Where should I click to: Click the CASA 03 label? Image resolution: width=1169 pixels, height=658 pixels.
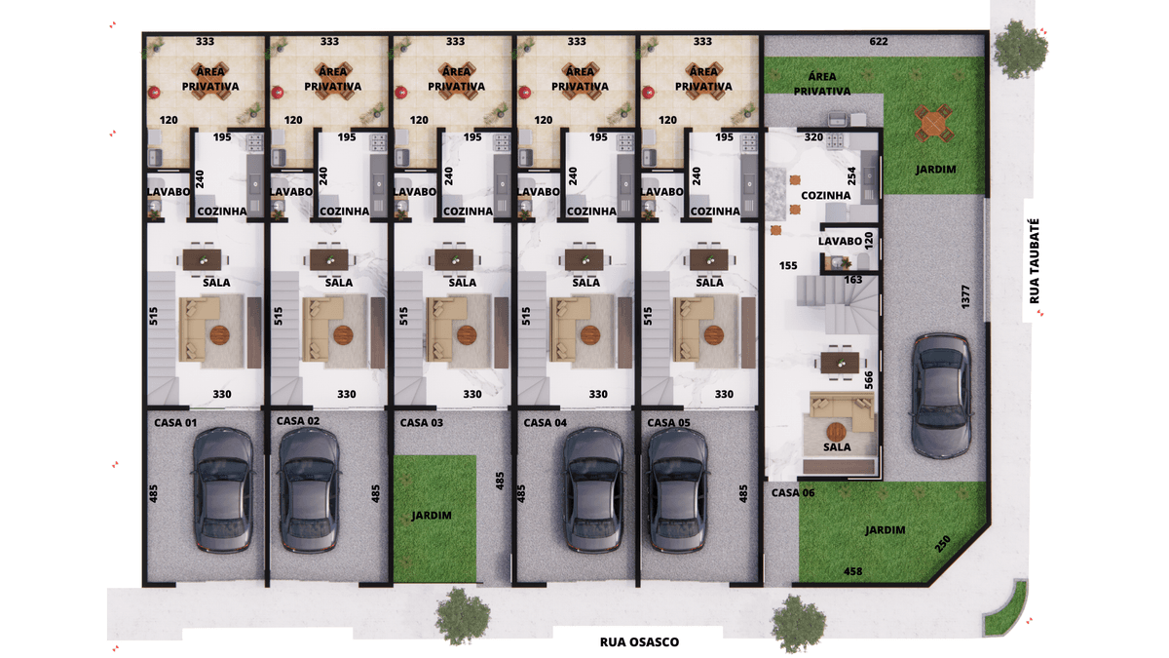click(x=421, y=423)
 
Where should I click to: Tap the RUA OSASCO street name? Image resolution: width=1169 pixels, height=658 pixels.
click(x=639, y=642)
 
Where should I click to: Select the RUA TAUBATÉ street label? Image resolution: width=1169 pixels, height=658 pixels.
click(x=1034, y=261)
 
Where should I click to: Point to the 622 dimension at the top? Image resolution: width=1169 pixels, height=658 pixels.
click(x=879, y=41)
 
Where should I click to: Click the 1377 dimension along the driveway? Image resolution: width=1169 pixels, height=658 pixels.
click(x=965, y=296)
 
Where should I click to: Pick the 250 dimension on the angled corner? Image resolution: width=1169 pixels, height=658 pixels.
click(x=942, y=544)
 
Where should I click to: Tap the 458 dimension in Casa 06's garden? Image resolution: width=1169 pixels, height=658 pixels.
click(x=852, y=571)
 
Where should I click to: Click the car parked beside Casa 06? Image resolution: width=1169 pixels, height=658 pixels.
click(x=941, y=397)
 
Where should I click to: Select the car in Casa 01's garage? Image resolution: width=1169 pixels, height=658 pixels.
click(x=223, y=489)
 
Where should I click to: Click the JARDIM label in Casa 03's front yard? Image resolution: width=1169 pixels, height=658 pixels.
click(x=431, y=516)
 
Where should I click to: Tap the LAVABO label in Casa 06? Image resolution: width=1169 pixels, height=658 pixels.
click(x=840, y=242)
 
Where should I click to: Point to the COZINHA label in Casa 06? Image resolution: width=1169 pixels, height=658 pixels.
click(x=826, y=195)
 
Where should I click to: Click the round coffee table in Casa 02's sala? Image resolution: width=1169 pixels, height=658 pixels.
click(x=343, y=335)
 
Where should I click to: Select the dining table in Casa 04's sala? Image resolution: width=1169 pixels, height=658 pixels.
click(x=584, y=260)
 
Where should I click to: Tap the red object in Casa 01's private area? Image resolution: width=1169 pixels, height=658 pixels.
click(x=154, y=93)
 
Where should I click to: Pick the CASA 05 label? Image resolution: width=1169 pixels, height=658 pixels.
click(x=668, y=423)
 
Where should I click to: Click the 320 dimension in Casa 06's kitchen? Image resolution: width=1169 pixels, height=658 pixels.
click(x=813, y=136)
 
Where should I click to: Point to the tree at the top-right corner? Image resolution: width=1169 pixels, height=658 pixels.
click(x=1020, y=50)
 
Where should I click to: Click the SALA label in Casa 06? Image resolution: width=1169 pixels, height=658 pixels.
click(x=837, y=447)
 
